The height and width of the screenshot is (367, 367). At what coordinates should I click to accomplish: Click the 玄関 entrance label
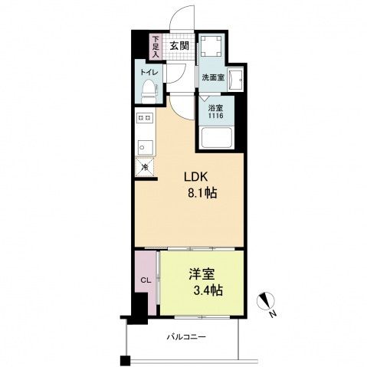pos(179,45)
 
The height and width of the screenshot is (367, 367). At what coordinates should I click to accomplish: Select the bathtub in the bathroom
pos(217,139)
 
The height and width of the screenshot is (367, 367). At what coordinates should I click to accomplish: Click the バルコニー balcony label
pos(187,336)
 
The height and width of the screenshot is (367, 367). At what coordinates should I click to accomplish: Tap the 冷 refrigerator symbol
pos(144,167)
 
